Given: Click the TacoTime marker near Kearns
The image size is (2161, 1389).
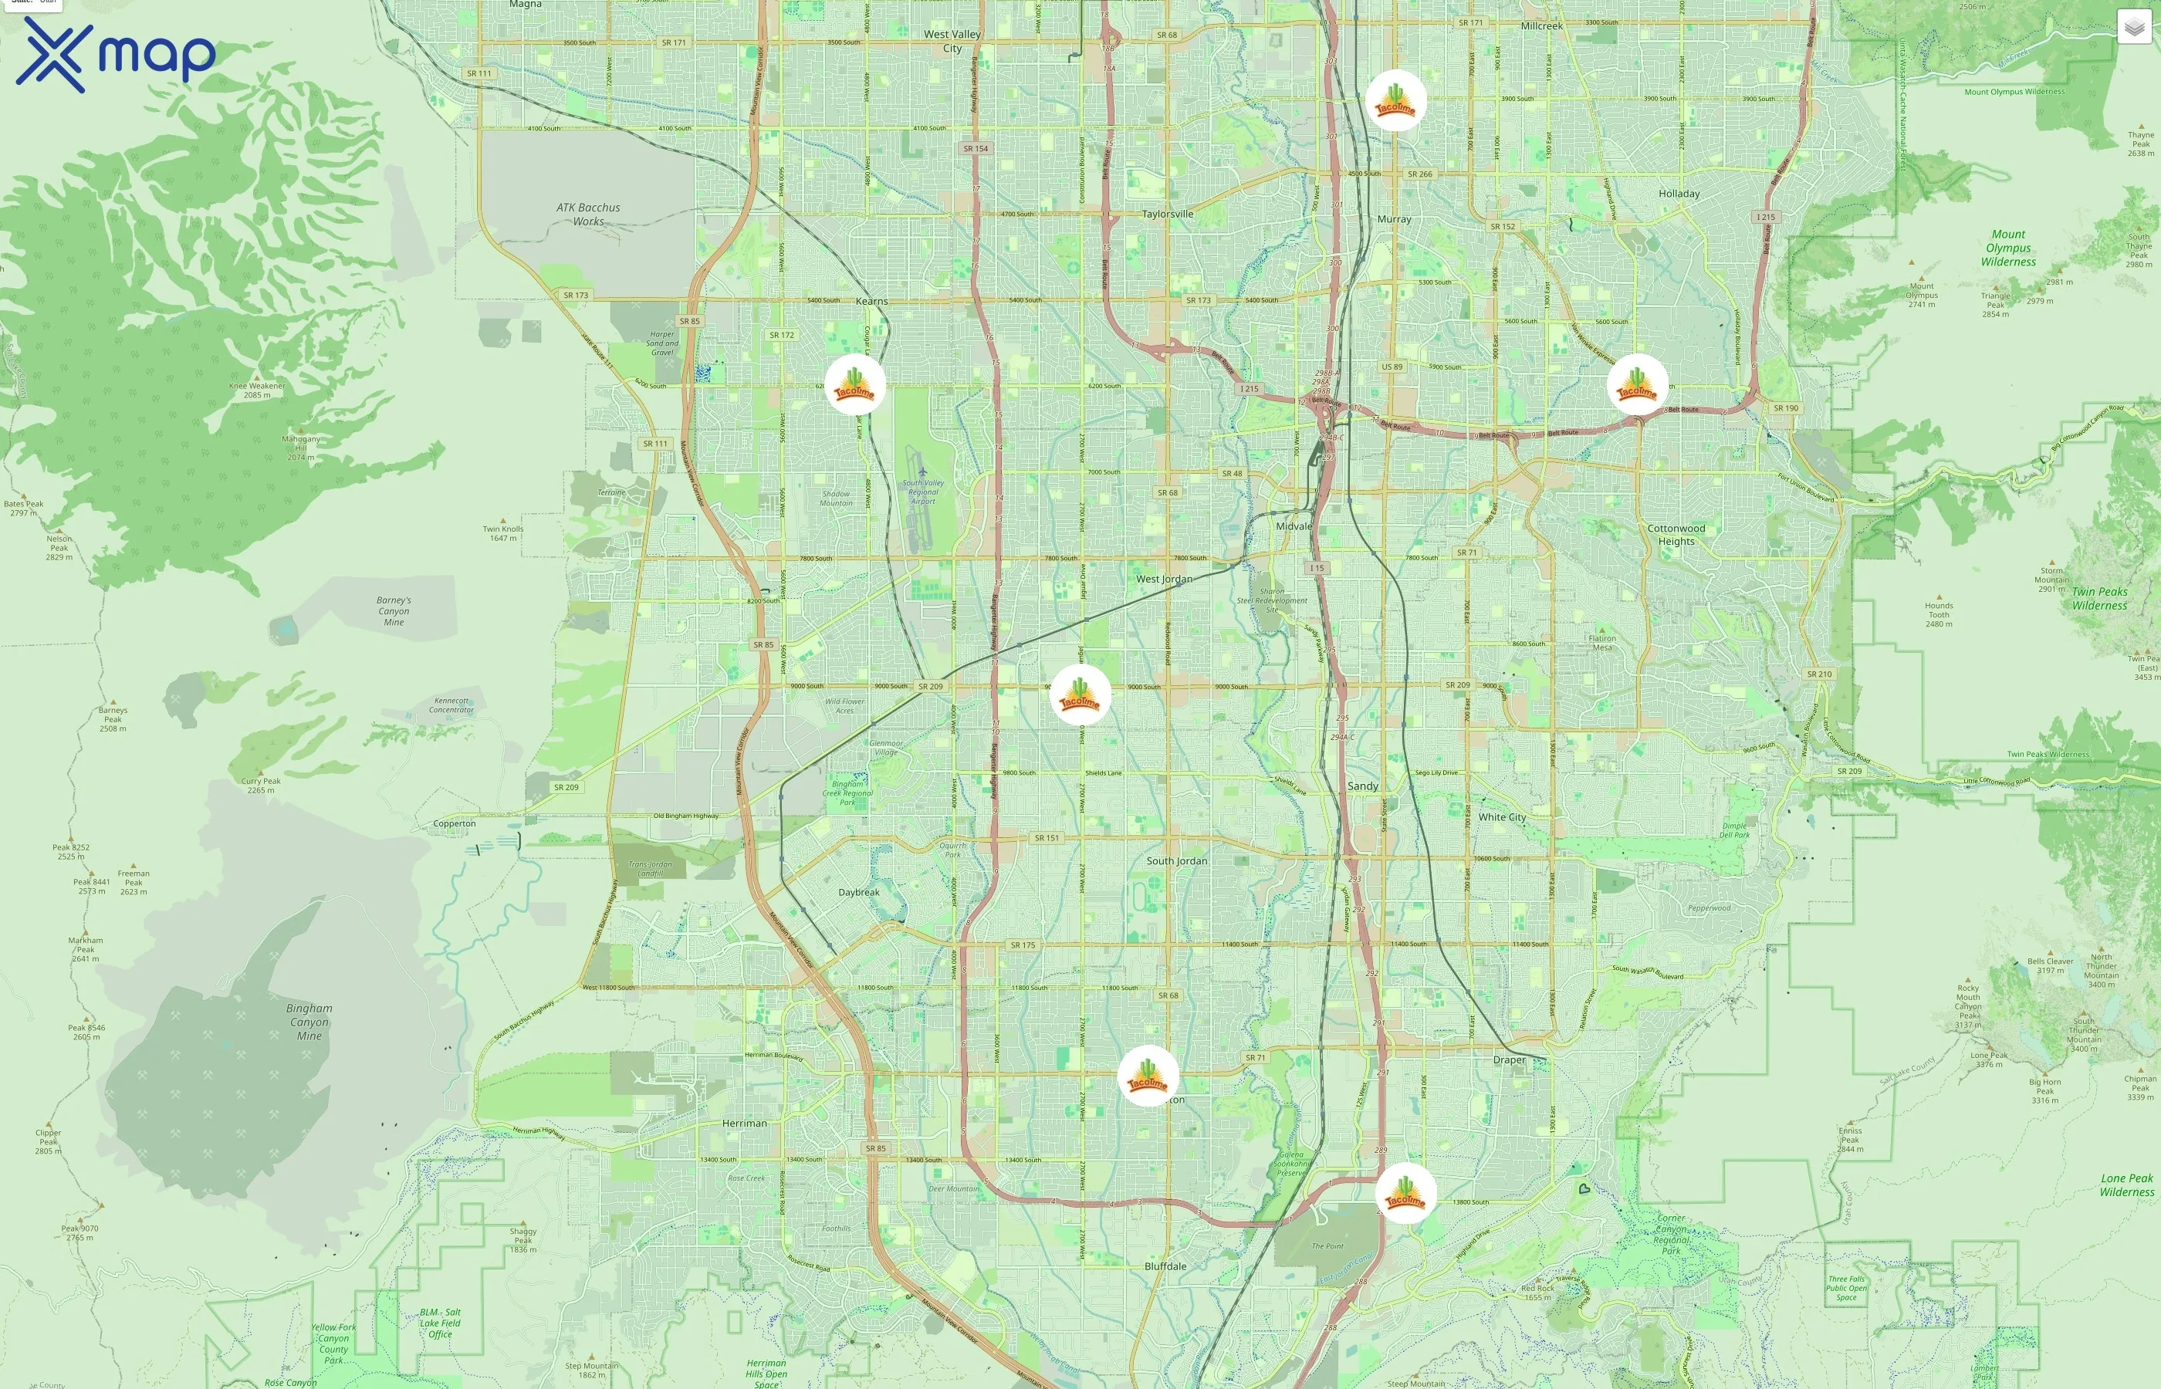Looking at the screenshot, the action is (854, 384).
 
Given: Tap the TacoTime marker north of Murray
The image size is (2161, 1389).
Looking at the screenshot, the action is (1395, 100).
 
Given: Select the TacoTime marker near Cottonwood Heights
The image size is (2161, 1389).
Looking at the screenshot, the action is (1636, 384).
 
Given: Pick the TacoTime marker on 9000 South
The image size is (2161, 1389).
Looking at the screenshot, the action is (1080, 695).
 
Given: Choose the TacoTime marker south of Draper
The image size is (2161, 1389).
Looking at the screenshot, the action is (1405, 1192).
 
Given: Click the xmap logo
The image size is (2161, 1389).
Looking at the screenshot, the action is (116, 54).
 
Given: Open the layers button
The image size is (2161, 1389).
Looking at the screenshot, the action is (2134, 27).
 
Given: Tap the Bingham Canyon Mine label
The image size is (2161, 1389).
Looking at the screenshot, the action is (309, 1022).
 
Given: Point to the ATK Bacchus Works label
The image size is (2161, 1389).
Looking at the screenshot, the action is (588, 214).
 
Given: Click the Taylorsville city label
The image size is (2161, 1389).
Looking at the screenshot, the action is (1167, 214).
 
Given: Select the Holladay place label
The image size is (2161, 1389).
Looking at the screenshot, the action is (1679, 194).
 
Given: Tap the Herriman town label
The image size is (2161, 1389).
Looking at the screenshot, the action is (744, 1123).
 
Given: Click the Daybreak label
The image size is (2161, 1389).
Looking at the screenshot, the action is (859, 892).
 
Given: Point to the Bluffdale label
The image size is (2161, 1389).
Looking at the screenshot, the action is (1165, 1266).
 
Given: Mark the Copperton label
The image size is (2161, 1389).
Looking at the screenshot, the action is (454, 823).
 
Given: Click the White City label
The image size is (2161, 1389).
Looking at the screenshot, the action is (1502, 817).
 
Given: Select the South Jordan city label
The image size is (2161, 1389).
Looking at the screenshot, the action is (1176, 860).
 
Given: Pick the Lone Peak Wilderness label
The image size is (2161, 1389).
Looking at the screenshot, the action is (2127, 1185).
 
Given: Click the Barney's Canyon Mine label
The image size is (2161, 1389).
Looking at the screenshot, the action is (394, 610).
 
